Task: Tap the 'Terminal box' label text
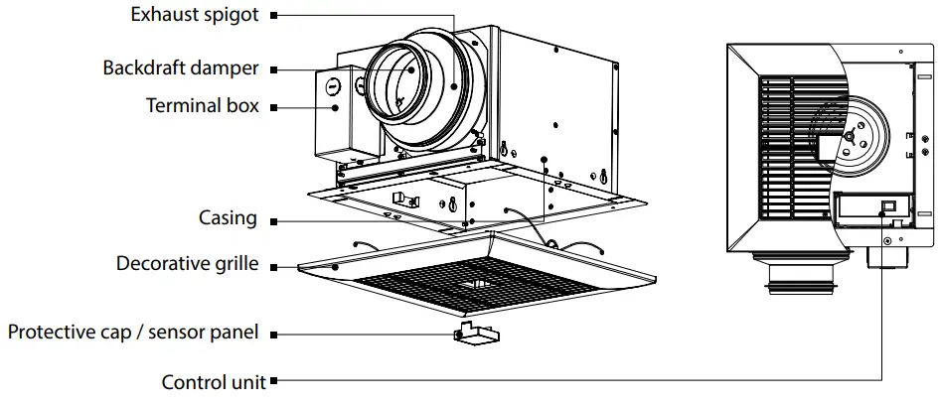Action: [x=203, y=105]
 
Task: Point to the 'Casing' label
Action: [x=228, y=218]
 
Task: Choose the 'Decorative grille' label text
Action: [x=188, y=264]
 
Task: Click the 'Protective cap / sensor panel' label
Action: [x=133, y=333]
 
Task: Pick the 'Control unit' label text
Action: [x=214, y=381]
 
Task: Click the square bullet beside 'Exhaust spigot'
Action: [x=274, y=16]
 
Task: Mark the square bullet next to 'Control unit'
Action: [x=274, y=380]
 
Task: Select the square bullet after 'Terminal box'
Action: [x=274, y=105]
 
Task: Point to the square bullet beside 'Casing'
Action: [x=274, y=219]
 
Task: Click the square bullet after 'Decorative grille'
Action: [x=274, y=265]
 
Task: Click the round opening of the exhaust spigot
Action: [x=399, y=79]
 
